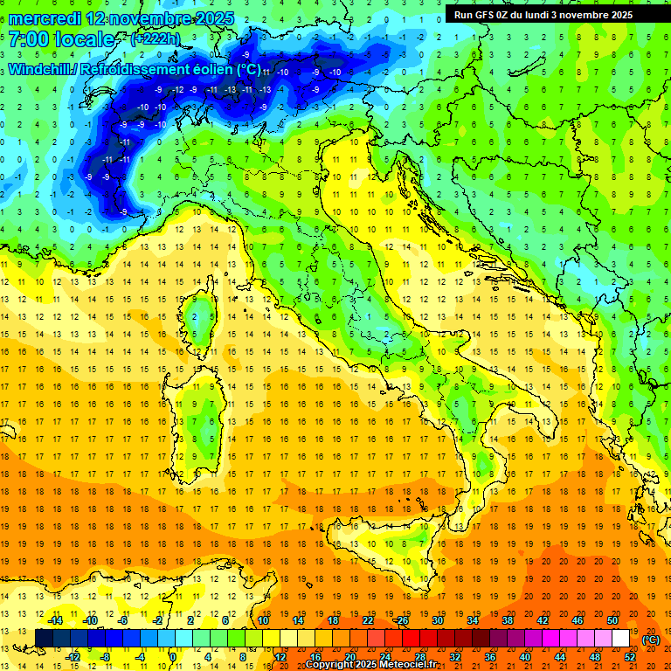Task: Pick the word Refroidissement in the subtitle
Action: (x=135, y=70)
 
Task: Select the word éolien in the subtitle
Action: (x=212, y=70)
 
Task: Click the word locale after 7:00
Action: (x=84, y=39)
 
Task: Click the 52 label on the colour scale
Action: (x=630, y=656)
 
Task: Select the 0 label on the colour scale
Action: (x=173, y=656)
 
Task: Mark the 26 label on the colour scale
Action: (x=402, y=620)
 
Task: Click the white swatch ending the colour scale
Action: (x=620, y=639)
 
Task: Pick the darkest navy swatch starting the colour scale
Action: (x=44, y=639)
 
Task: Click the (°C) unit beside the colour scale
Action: (x=651, y=640)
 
